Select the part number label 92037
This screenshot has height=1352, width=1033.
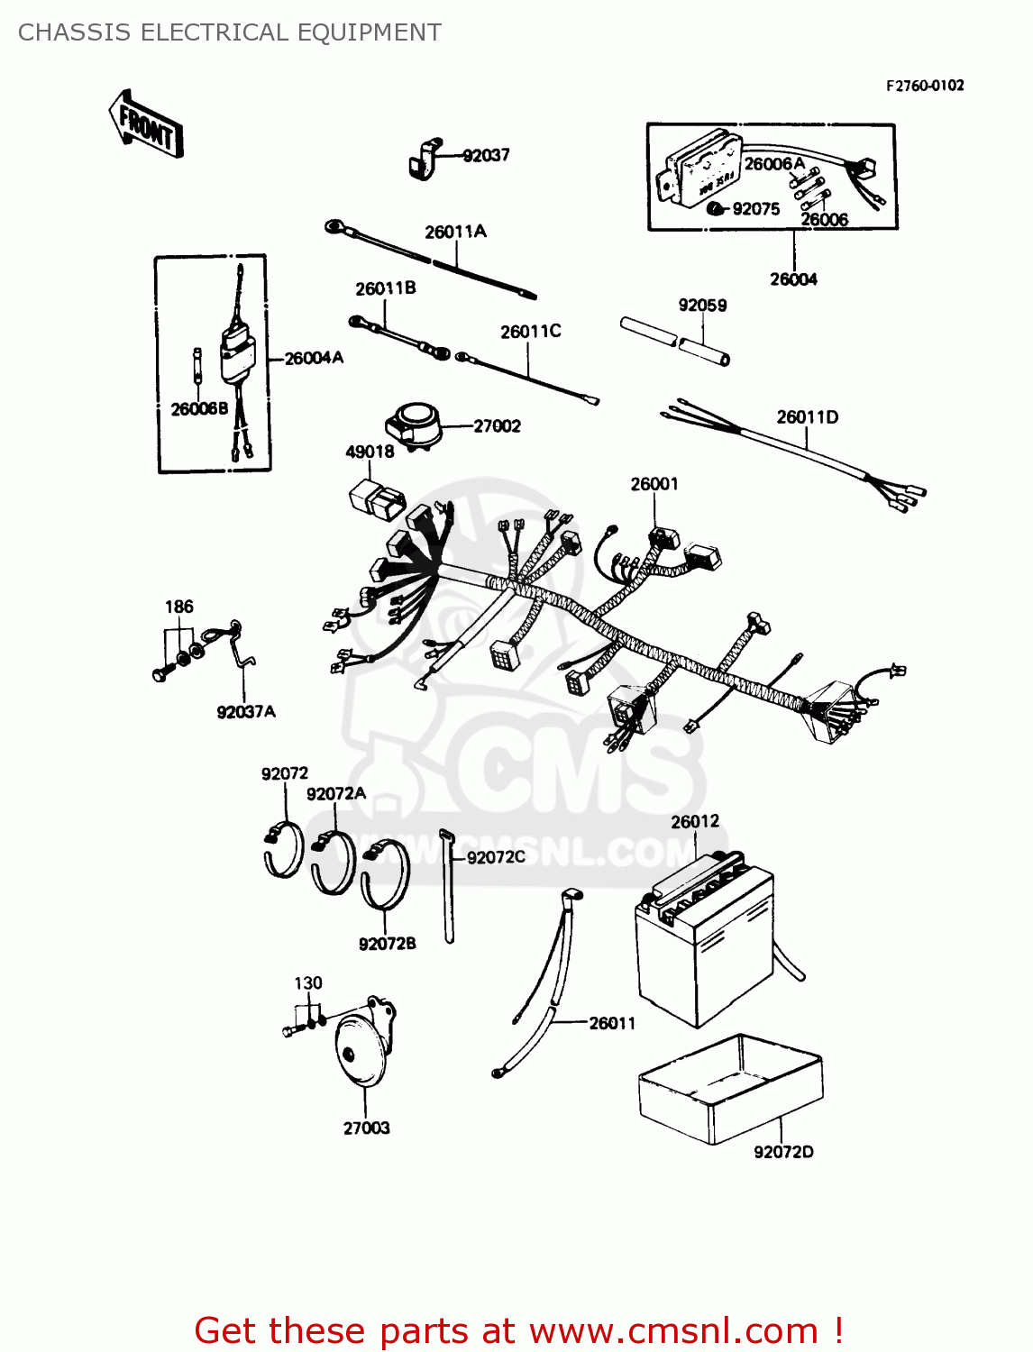486,155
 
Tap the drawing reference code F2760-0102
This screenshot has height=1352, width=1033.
925,86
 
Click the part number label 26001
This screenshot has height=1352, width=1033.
654,484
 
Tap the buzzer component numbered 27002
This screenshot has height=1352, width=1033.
414,424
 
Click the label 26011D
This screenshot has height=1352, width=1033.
808,416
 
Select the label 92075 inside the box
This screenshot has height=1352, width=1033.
755,209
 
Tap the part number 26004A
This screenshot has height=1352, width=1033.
314,358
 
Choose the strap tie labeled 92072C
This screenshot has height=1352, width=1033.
448,888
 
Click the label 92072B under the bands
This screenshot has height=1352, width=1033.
388,944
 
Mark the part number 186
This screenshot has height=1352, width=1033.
178,607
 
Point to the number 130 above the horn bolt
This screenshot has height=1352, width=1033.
308,982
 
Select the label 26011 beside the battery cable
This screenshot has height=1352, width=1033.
612,1023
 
